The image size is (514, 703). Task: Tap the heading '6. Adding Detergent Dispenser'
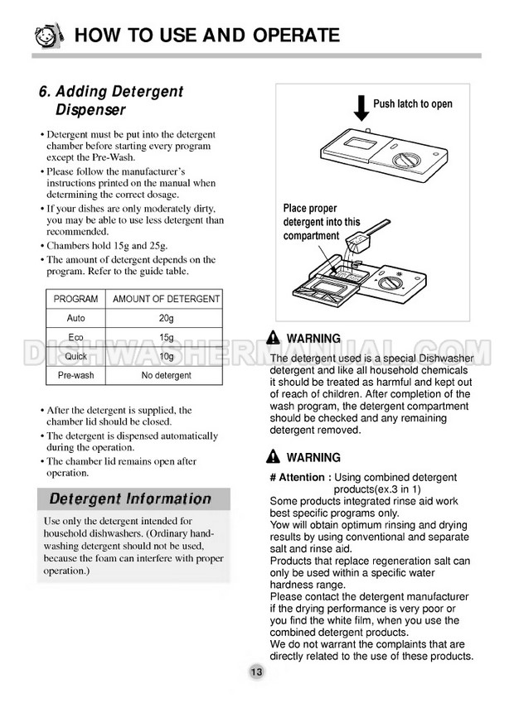pyautogui.click(x=111, y=100)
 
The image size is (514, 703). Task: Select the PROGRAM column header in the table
pyautogui.click(x=75, y=299)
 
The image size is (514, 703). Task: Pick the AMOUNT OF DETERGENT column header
pyautogui.click(x=166, y=299)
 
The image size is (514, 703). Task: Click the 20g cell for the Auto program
pyautogui.click(x=166, y=318)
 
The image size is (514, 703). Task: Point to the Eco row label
pyautogui.click(x=75, y=337)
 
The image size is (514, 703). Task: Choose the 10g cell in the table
pyautogui.click(x=166, y=356)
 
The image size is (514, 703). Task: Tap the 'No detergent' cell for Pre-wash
pyautogui.click(x=166, y=375)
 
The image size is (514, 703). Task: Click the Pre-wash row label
pyautogui.click(x=75, y=375)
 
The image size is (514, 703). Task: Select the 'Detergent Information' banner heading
pyautogui.click(x=130, y=499)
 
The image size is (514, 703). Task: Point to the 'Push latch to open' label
pyautogui.click(x=413, y=104)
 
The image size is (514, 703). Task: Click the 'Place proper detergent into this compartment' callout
pyautogui.click(x=322, y=222)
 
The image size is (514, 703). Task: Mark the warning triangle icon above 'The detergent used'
pyautogui.click(x=274, y=338)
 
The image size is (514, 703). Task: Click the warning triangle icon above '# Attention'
pyautogui.click(x=274, y=457)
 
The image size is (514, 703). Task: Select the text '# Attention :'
pyautogui.click(x=300, y=478)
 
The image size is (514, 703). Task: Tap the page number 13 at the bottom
pyautogui.click(x=256, y=672)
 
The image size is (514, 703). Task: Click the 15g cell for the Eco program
pyautogui.click(x=166, y=337)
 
